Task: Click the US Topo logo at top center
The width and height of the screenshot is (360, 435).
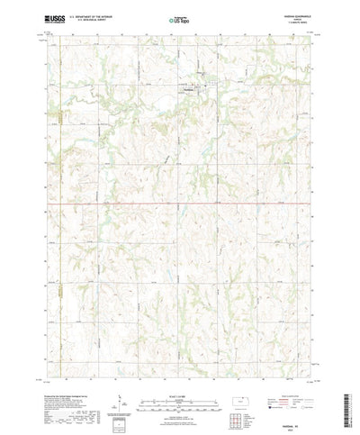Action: (x=179, y=18)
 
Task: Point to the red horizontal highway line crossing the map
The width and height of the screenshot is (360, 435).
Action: (x=180, y=203)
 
